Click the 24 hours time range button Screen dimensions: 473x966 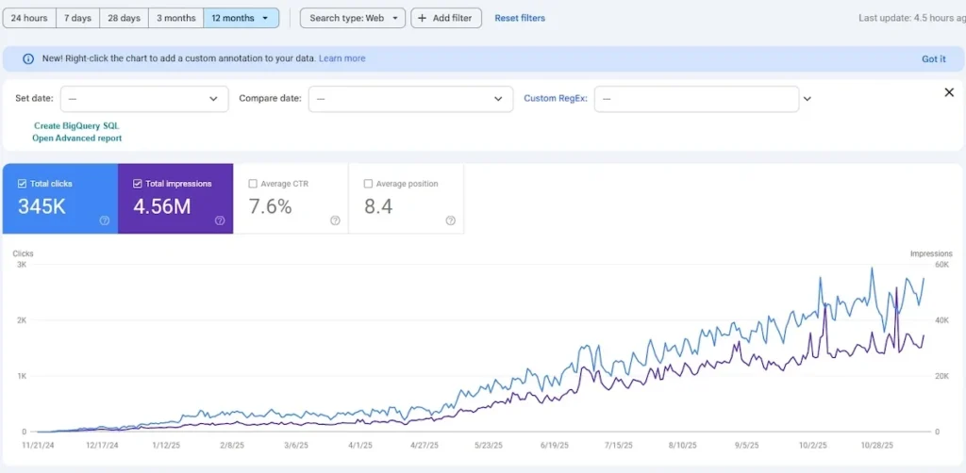[x=29, y=18]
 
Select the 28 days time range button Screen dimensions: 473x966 [x=124, y=18]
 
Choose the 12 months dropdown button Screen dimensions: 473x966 [x=241, y=18]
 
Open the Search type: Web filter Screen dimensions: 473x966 [x=353, y=18]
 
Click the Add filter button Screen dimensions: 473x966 [x=446, y=18]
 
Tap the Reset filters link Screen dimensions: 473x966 [x=520, y=18]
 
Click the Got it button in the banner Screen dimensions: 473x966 [x=933, y=58]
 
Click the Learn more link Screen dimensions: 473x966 [x=341, y=58]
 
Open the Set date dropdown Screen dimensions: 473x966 [x=144, y=99]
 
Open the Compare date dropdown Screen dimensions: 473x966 [x=409, y=99]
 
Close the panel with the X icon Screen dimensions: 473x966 [x=949, y=92]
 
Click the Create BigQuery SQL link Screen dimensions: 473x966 [x=76, y=125]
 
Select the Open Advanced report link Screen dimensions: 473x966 [x=77, y=139]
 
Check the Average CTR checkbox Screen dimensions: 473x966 [x=252, y=184]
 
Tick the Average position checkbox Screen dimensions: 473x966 [x=368, y=184]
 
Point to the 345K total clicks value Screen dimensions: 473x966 [x=42, y=206]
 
